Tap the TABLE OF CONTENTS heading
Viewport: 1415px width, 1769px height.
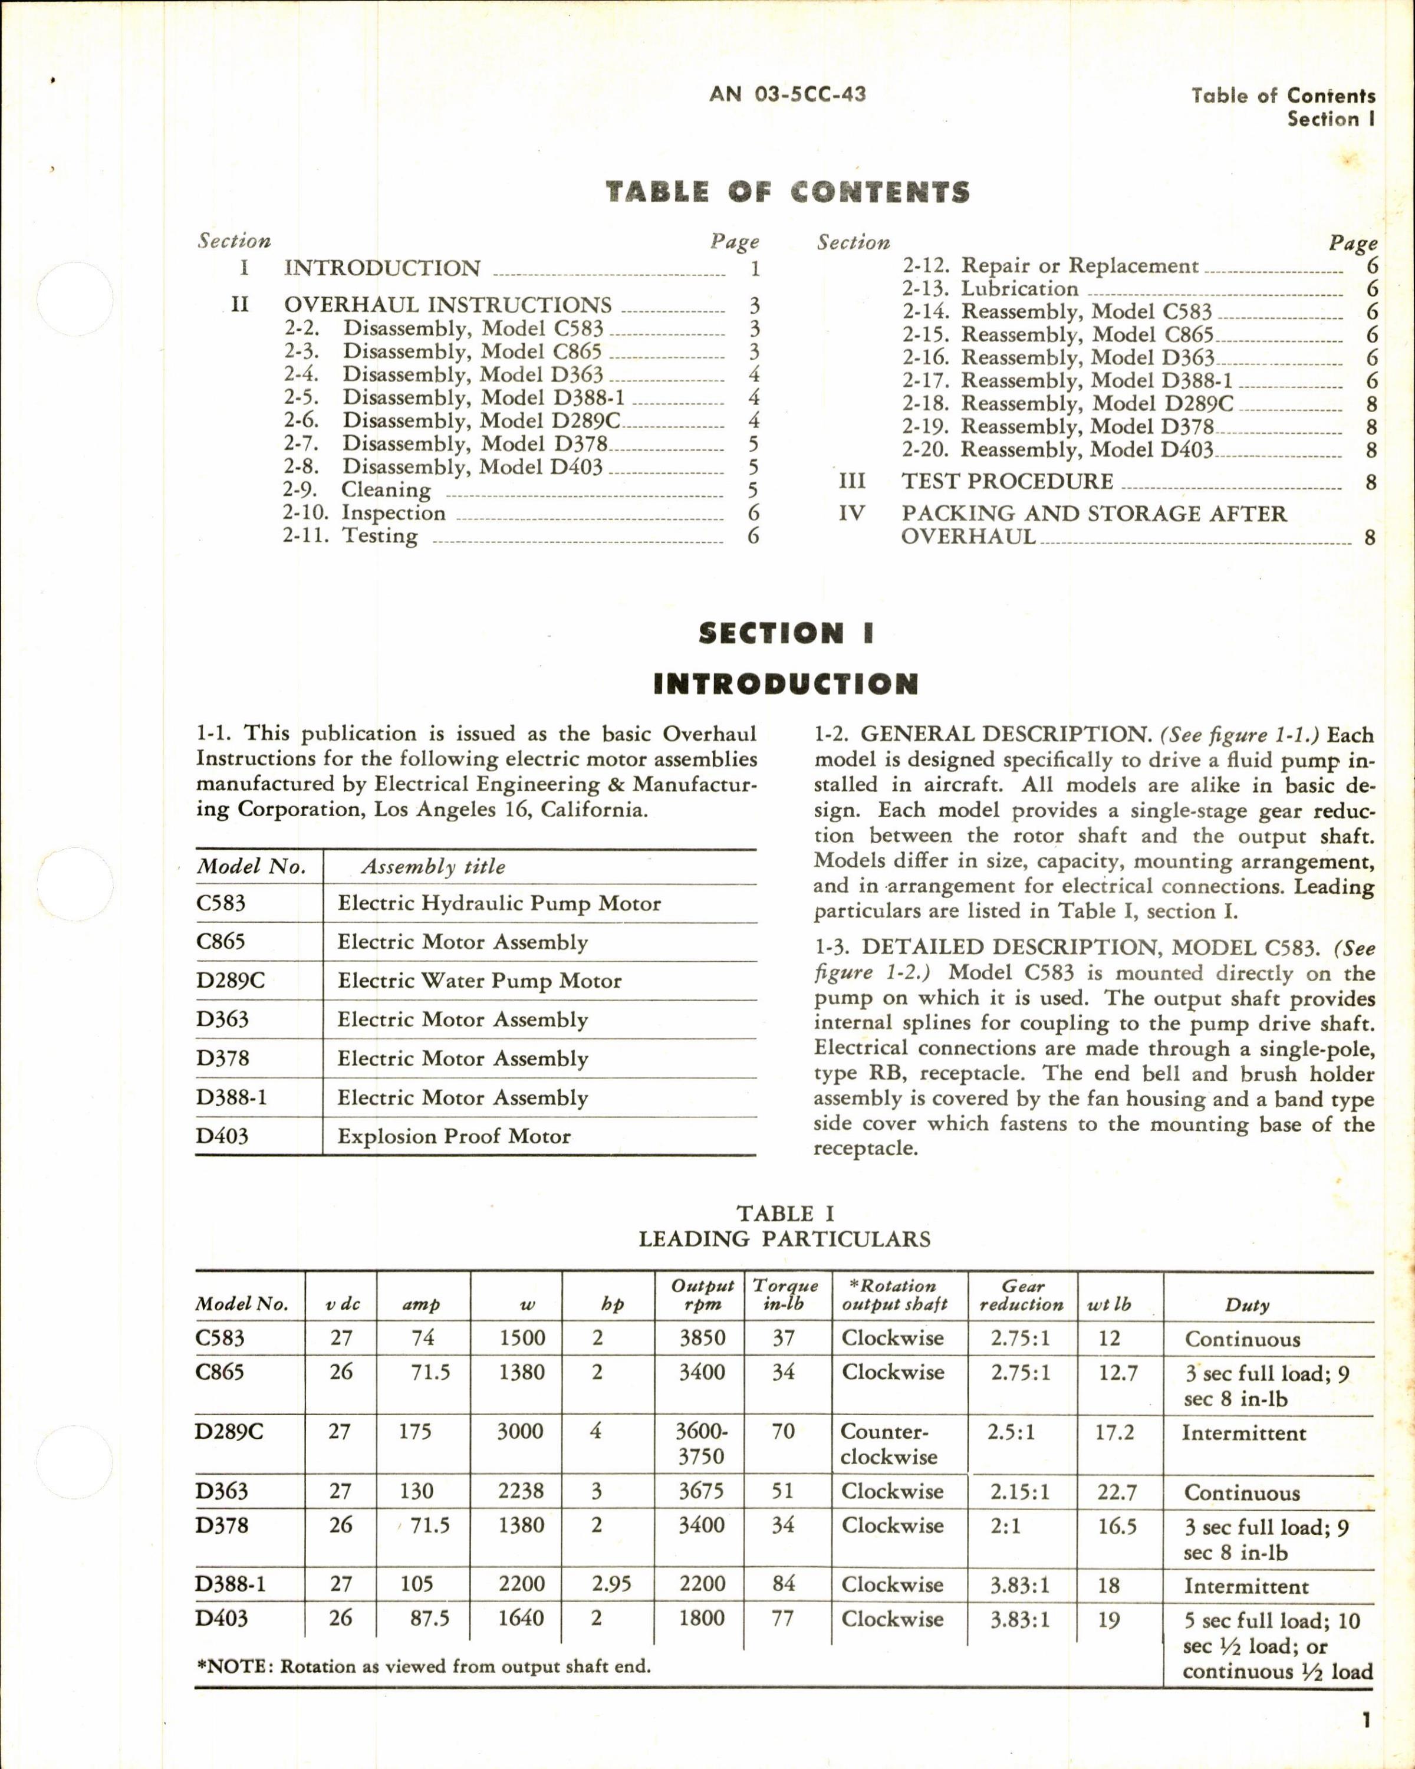pyautogui.click(x=788, y=192)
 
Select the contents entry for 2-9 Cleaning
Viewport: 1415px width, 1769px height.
pyautogui.click(x=386, y=490)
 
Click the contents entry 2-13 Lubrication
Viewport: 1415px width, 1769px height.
pyautogui.click(x=1019, y=289)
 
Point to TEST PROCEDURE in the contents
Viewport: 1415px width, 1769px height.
pyautogui.click(x=1008, y=482)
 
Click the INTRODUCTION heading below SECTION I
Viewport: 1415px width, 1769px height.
pyautogui.click(x=786, y=683)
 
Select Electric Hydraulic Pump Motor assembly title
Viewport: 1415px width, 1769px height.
pyautogui.click(x=499, y=903)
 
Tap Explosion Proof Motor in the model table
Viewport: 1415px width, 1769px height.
pyautogui.click(x=453, y=1136)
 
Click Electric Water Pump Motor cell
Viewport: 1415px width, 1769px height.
pyautogui.click(x=479, y=981)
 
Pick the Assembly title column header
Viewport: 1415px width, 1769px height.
pyautogui.click(x=433, y=866)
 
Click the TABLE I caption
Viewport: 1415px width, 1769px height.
pyautogui.click(x=785, y=1214)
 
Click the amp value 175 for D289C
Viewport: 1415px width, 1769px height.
pyautogui.click(x=415, y=1432)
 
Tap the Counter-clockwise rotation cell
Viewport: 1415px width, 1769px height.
pyautogui.click(x=889, y=1444)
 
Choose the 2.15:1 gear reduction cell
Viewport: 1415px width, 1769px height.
pyautogui.click(x=1019, y=1492)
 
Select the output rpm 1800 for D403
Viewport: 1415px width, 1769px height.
pyautogui.click(x=702, y=1618)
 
